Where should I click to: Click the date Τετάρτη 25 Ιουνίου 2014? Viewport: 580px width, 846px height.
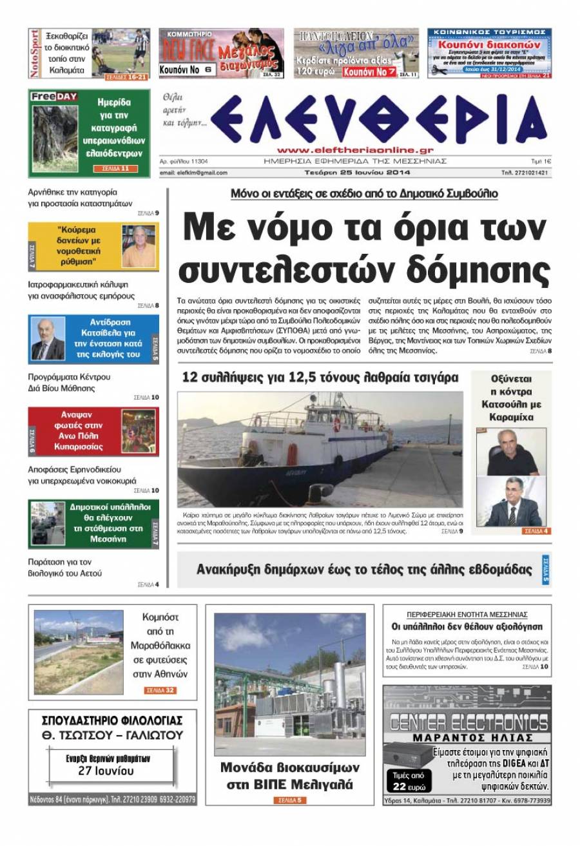coord(358,173)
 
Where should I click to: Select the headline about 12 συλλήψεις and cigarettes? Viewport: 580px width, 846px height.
coord(320,378)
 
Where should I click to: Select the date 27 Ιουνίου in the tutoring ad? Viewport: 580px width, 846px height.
coord(106,770)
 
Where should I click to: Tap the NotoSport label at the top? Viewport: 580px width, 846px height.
coord(35,53)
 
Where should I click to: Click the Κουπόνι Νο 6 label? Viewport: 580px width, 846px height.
coord(186,70)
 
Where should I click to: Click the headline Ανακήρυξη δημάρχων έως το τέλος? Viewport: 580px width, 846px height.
coord(364,570)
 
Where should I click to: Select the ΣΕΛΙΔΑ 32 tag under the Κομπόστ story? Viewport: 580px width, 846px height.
coord(160,690)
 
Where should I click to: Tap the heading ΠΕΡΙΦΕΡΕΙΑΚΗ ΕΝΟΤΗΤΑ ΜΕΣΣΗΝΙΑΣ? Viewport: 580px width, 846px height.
coord(467,614)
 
